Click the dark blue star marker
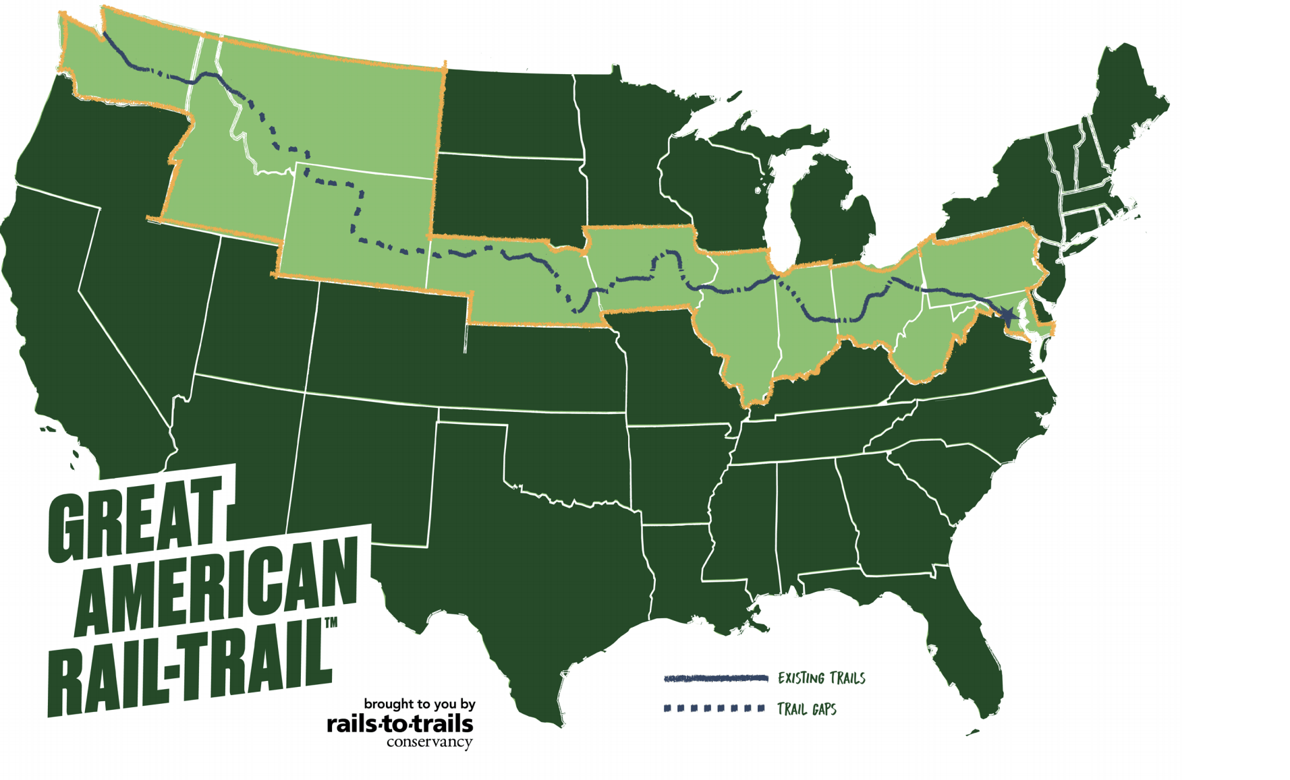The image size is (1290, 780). (1007, 315)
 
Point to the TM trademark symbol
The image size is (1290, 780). (331, 623)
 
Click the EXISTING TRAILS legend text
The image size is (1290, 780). (821, 678)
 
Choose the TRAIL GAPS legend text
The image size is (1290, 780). (806, 709)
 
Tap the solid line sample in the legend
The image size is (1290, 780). (715, 678)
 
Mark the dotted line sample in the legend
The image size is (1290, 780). (714, 709)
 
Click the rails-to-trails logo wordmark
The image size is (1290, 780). (400, 724)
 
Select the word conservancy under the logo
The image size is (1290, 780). (429, 742)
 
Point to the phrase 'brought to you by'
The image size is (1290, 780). (420, 704)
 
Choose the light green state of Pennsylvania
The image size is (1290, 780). (978, 263)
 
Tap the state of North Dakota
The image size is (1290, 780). (509, 115)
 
